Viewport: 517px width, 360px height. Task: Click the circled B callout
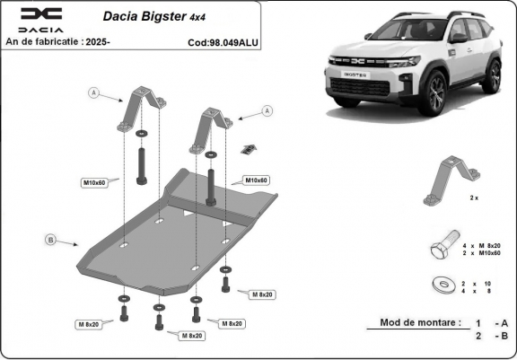coord(50,239)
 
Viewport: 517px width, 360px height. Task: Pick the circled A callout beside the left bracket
coord(92,92)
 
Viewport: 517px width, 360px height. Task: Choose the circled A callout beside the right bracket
coord(266,110)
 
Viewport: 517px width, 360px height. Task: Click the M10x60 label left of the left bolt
coord(96,183)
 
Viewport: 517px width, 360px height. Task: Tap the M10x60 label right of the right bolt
coord(258,180)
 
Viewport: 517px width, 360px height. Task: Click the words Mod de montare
coord(420,321)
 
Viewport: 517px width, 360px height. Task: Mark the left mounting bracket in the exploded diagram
coord(142,107)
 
